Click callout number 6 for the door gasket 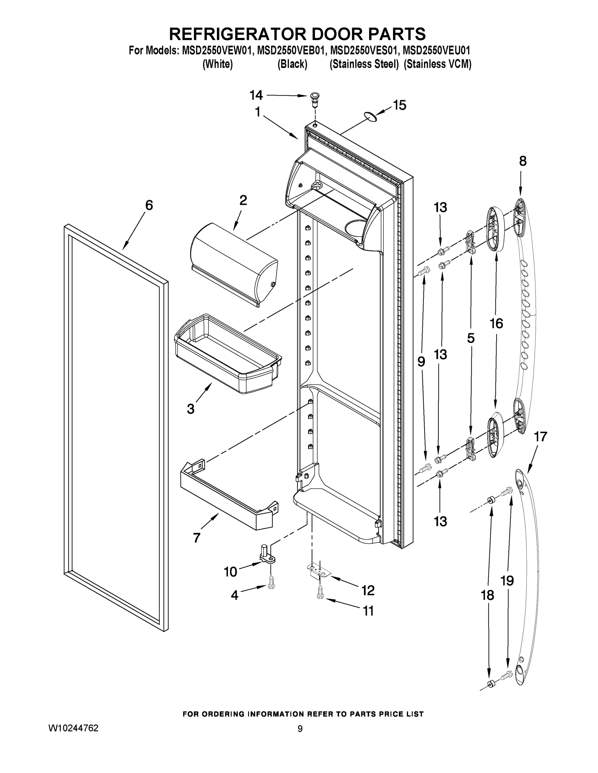coord(149,205)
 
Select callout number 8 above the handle coord(523,161)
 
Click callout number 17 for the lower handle coord(541,437)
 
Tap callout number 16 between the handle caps coord(496,323)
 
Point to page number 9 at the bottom coord(300,729)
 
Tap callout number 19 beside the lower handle coord(507,580)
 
